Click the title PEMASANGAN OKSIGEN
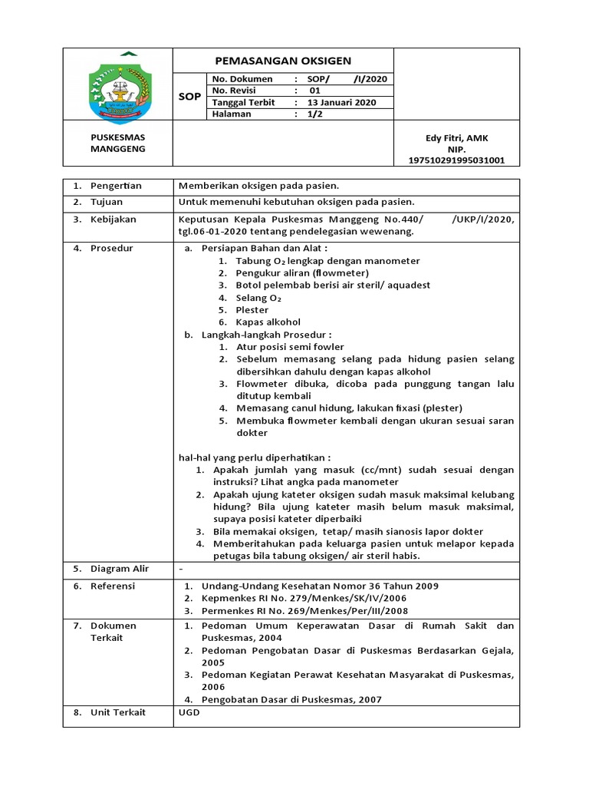[x=282, y=61]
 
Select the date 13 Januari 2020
[x=341, y=102]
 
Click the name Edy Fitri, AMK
[x=456, y=138]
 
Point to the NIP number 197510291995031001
[x=456, y=160]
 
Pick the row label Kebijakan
[x=114, y=220]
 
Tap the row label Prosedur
[x=112, y=249]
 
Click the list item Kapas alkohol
[x=268, y=322]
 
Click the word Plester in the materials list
[x=252, y=310]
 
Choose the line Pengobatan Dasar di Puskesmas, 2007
[x=291, y=699]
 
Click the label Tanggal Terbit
[x=243, y=102]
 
